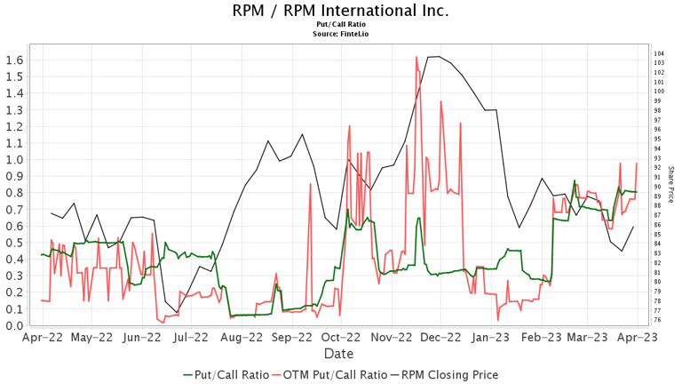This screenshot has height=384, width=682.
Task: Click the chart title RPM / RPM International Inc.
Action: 341,12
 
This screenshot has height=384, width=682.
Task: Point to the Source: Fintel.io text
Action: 341,35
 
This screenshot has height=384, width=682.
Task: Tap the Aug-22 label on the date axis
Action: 241,338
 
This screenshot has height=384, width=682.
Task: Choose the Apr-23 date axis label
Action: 639,338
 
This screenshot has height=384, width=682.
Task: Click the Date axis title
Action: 340,354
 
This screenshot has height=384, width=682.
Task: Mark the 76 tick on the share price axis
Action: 658,320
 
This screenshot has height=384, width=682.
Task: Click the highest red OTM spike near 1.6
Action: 416,58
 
